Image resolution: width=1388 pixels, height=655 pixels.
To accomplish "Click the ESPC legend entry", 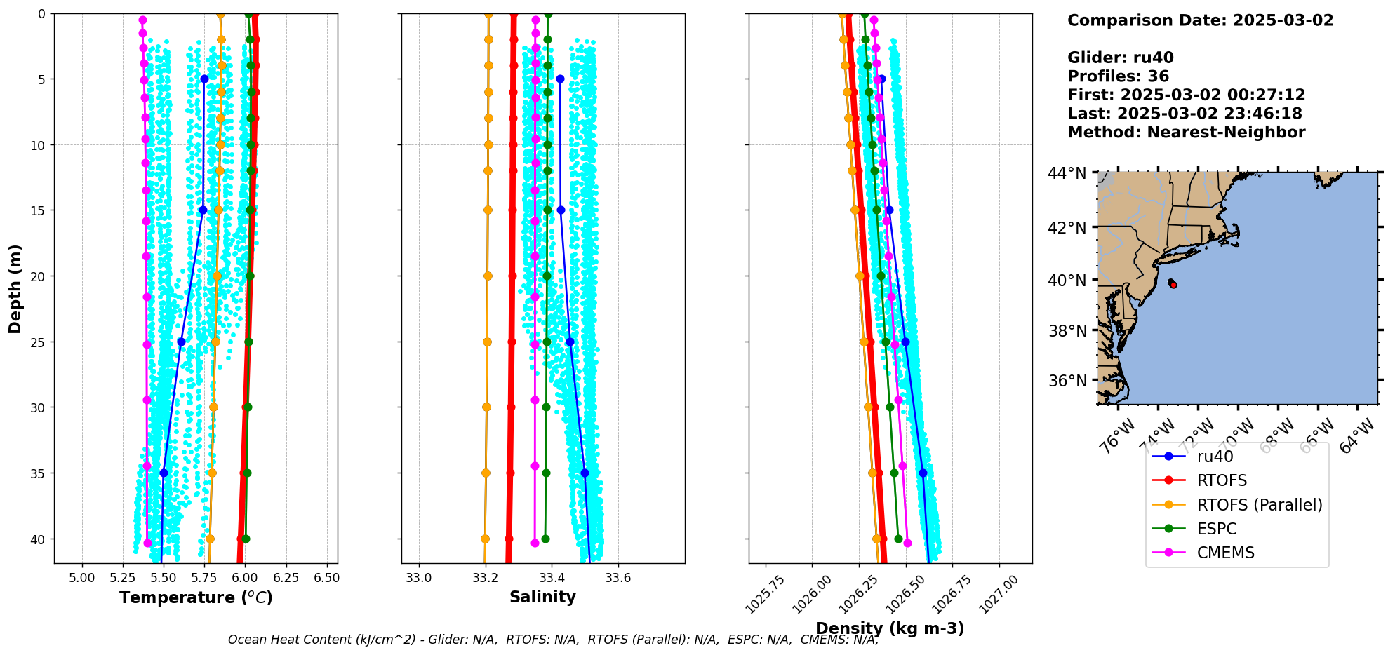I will [1217, 529].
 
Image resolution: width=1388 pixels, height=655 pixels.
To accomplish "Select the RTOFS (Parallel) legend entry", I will [1259, 505].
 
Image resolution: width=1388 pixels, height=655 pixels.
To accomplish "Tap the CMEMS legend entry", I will [1225, 553].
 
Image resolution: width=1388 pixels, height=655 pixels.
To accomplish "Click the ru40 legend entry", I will [1215, 457].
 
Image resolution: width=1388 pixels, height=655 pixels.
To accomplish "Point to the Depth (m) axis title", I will [15, 288].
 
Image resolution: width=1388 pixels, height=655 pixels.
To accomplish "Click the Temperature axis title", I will [196, 597].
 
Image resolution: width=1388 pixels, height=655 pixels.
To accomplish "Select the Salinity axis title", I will [542, 597].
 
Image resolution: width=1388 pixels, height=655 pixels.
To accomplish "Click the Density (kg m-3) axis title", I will [890, 628].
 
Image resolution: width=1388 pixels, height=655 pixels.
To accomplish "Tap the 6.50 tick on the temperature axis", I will [326, 578].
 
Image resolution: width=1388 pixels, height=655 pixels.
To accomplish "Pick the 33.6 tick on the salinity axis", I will [618, 578].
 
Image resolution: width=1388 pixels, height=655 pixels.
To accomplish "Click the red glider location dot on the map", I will [1173, 284].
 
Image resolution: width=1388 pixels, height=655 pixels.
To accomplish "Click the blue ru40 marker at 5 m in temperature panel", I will [204, 79].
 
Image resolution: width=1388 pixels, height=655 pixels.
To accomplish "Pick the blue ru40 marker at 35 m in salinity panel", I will [585, 473].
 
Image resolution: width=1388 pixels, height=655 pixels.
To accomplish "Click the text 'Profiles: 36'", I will [1118, 76].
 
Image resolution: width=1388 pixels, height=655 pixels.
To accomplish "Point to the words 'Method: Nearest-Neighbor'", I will [1186, 133].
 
